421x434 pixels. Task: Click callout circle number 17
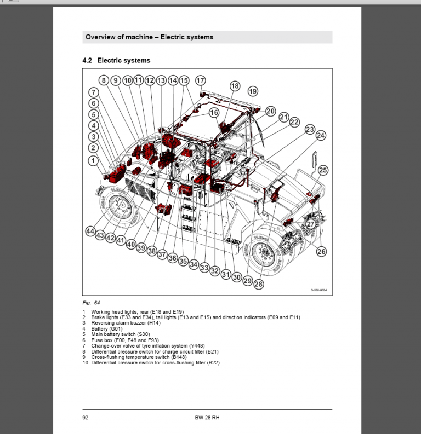click(x=200, y=80)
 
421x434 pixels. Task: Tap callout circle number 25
click(x=323, y=171)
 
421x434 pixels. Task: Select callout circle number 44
click(x=90, y=232)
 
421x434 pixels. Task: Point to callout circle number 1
click(x=93, y=160)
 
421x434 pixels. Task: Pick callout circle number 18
click(x=235, y=86)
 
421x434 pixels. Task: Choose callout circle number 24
click(x=321, y=135)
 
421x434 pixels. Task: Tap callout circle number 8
click(x=104, y=80)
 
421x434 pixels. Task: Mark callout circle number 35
click(x=183, y=261)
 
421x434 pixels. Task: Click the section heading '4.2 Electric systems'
click(x=116, y=60)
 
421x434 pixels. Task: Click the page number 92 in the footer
click(x=86, y=418)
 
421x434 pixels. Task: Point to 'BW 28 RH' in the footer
click(x=207, y=418)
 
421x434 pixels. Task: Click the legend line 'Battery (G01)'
click(x=107, y=328)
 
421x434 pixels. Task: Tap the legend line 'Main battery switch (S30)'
click(x=120, y=334)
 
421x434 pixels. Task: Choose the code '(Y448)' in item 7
click(x=196, y=346)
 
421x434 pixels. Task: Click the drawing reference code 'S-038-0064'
click(x=318, y=291)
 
